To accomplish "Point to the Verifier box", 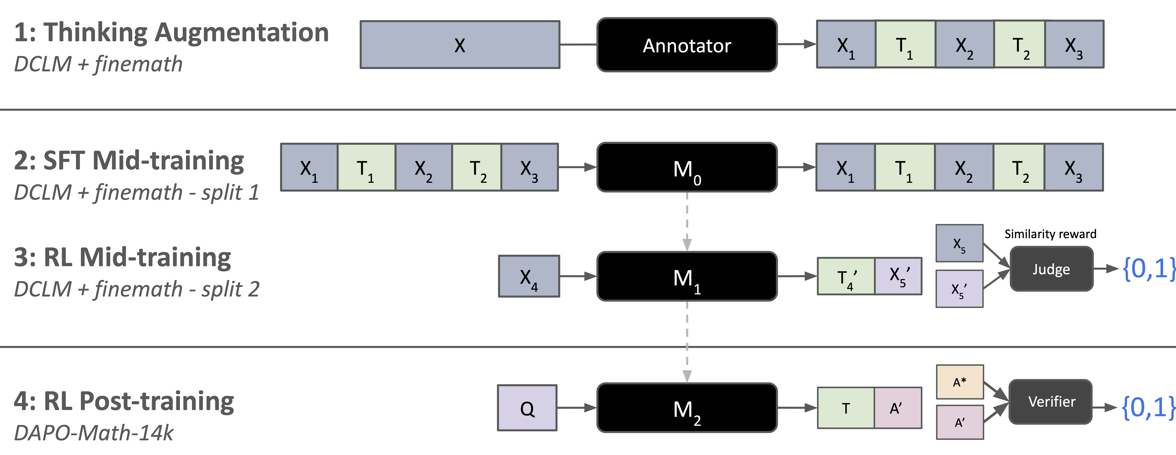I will (1051, 402).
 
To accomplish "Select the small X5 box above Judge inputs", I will (959, 243).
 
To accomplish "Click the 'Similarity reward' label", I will (1050, 234).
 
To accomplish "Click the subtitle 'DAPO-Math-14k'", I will (94, 433).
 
